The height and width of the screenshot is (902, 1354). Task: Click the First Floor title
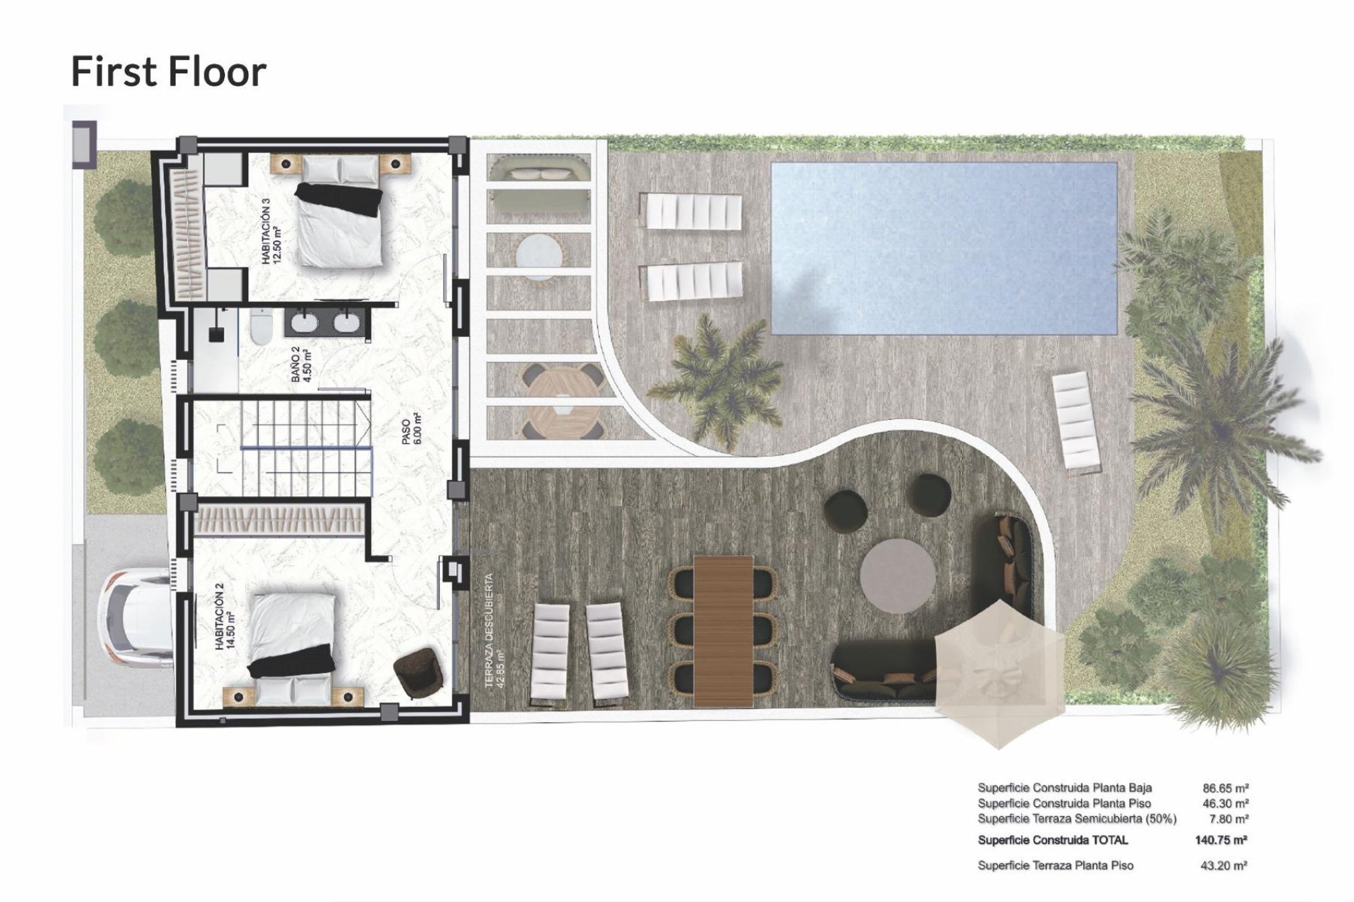169,72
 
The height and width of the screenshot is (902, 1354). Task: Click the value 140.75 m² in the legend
1221,840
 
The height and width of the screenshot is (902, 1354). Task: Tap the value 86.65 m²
1225,789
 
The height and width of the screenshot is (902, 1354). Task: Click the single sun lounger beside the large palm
1076,421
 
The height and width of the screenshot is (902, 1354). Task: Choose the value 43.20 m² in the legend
1224,865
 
